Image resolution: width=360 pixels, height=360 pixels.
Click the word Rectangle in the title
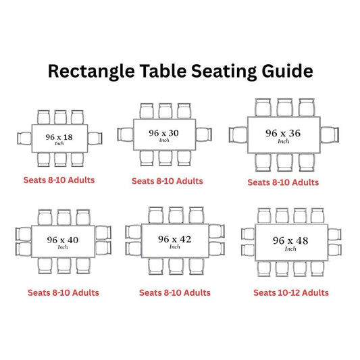coord(91,72)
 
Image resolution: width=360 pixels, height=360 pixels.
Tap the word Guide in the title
coord(287,72)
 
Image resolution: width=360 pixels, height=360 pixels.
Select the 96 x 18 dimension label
coord(59,137)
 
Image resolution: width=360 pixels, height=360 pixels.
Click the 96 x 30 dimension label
coord(163,133)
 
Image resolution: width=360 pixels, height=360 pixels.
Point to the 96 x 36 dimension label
coord(283,133)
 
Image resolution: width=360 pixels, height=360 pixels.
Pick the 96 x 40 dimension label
coord(63,240)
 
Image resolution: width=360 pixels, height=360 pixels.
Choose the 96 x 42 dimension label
coord(174,239)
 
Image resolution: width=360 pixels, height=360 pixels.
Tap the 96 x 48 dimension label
coord(290,240)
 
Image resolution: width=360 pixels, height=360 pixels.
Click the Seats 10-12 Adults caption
coord(291,292)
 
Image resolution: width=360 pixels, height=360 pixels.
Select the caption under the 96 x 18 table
coord(59,180)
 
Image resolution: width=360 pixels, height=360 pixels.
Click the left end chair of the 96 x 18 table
coord(24,138)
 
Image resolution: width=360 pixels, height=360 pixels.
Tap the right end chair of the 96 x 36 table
coord(330,135)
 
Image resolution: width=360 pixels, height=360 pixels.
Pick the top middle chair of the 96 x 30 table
coord(165,111)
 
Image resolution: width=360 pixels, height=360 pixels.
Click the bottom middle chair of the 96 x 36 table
coord(285,162)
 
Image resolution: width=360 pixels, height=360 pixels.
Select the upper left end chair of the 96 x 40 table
coord(24,234)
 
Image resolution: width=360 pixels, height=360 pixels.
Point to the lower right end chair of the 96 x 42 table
coord(217,249)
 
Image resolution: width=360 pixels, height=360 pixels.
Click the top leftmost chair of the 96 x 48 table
coord(264,215)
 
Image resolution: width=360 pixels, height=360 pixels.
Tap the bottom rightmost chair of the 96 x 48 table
coord(317,269)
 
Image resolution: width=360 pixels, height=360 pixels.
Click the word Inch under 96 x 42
coord(175,247)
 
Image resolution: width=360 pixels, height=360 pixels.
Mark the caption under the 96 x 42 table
coord(175,292)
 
